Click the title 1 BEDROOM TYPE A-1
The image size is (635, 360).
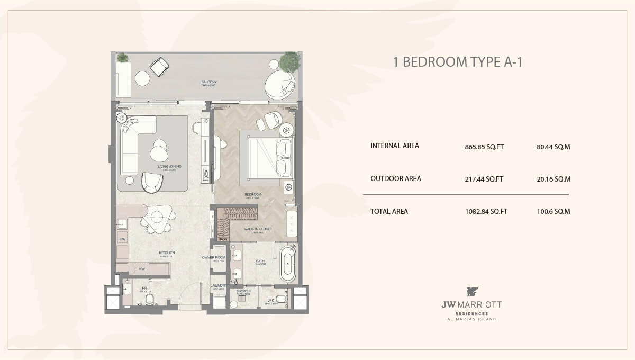pyautogui.click(x=457, y=62)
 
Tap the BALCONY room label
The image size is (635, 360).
pyautogui.click(x=209, y=82)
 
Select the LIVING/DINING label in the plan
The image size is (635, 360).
pyautogui.click(x=169, y=167)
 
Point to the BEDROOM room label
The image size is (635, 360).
pyautogui.click(x=253, y=195)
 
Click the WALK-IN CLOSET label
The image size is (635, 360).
pyautogui.click(x=258, y=229)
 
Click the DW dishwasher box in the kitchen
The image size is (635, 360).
pyautogui.click(x=122, y=239)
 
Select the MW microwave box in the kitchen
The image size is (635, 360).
pyautogui.click(x=142, y=269)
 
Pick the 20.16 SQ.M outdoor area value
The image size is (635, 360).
pyautogui.click(x=553, y=179)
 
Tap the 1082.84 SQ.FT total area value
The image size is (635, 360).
pyautogui.click(x=486, y=212)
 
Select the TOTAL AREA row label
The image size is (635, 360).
pyautogui.click(x=389, y=211)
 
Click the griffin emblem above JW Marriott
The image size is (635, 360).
pyautogui.click(x=472, y=292)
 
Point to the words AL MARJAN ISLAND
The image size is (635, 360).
pyautogui.click(x=472, y=319)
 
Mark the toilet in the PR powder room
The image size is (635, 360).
pyautogui.click(x=149, y=301)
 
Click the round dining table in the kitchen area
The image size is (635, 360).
pyautogui.click(x=158, y=217)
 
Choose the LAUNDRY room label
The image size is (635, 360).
pyautogui.click(x=219, y=286)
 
